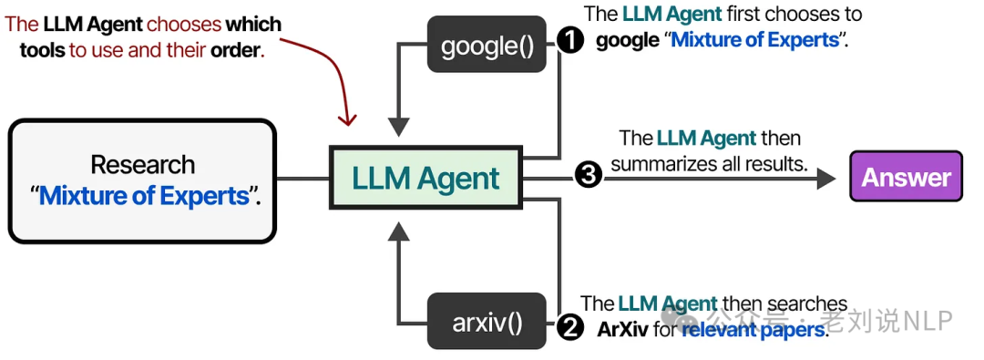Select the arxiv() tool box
tap(487, 322)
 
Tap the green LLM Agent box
tap(426, 178)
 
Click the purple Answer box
tap(906, 177)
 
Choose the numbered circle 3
tap(589, 177)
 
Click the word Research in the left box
tap(142, 165)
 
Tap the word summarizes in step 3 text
tap(658, 164)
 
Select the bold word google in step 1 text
tap(628, 41)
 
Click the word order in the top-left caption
tap(235, 49)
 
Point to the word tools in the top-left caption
tap(43, 49)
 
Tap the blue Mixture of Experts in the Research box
tap(144, 196)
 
